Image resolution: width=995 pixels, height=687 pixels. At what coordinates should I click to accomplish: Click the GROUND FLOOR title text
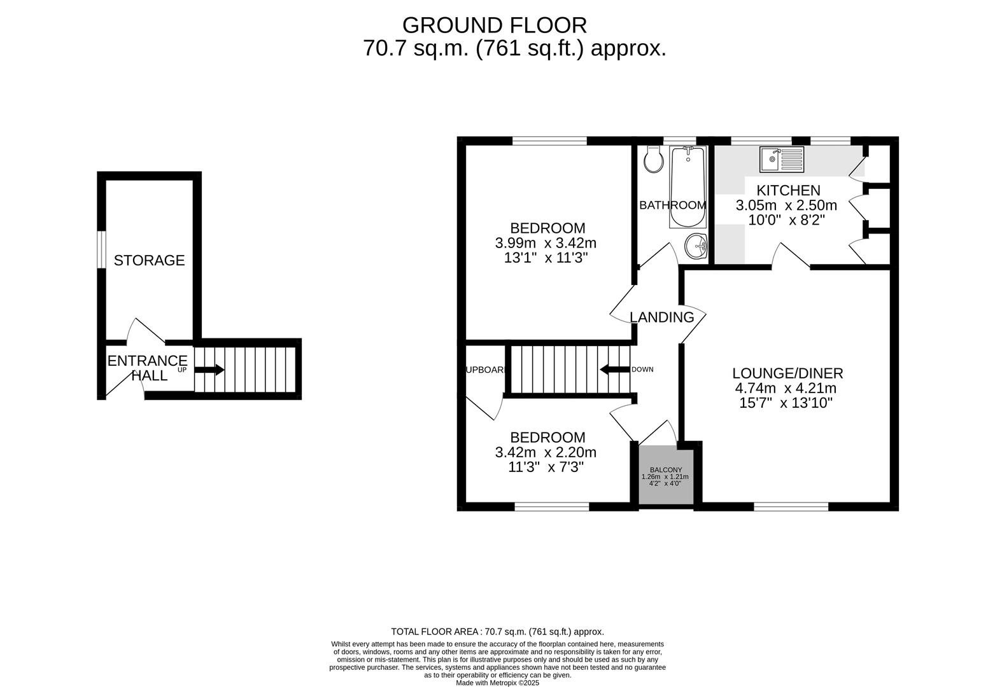[494, 25]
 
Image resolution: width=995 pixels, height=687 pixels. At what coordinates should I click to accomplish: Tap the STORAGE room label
[149, 260]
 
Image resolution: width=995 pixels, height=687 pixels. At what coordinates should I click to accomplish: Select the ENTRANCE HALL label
[147, 368]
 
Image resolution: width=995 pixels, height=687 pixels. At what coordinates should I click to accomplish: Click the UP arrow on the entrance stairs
[209, 370]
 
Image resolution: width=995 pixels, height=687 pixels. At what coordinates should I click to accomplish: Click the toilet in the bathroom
[653, 160]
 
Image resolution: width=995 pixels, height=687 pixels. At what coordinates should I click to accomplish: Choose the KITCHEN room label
[788, 190]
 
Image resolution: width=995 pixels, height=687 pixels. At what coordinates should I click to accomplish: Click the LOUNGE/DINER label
[787, 373]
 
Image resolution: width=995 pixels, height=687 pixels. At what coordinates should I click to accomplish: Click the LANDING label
[661, 317]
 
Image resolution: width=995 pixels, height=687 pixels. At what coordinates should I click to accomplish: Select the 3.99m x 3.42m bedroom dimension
[546, 243]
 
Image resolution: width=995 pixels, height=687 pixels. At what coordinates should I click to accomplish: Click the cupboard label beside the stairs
[486, 370]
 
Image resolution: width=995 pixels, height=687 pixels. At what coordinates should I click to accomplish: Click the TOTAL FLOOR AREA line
[497, 632]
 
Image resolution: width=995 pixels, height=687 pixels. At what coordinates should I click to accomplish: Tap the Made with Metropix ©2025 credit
[497, 683]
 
